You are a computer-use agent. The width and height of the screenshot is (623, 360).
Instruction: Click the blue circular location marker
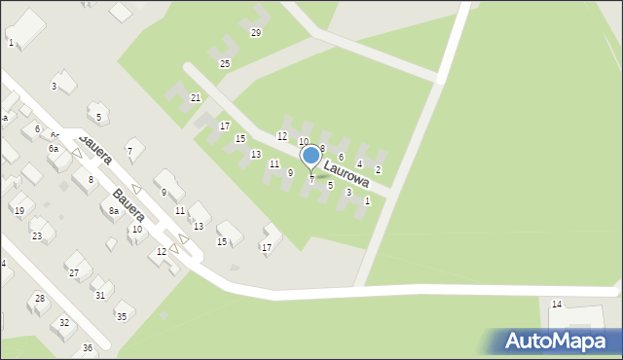tap(311, 155)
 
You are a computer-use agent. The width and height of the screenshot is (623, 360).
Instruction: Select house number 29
tap(256, 33)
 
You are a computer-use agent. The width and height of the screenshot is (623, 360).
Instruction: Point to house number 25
tap(225, 64)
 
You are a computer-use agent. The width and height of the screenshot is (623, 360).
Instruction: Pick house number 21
tap(196, 98)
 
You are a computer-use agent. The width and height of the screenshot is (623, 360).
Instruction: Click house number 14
tap(557, 305)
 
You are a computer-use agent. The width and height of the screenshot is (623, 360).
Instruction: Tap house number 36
tap(88, 348)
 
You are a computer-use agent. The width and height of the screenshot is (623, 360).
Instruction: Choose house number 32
tap(64, 322)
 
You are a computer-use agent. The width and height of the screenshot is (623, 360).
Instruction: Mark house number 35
tap(122, 316)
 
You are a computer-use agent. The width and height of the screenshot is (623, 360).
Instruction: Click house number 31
tap(100, 295)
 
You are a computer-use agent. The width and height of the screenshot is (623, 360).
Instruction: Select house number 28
tap(40, 298)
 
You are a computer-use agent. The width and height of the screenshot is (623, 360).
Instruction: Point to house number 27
tap(74, 273)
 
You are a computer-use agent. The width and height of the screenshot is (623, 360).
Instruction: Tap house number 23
tap(37, 235)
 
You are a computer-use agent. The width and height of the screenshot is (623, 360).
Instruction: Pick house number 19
tap(18, 210)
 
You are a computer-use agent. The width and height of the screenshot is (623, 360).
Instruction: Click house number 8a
tap(114, 211)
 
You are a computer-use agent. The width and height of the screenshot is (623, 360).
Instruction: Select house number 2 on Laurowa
tap(378, 170)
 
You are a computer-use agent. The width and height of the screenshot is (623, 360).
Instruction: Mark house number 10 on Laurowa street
tap(303, 142)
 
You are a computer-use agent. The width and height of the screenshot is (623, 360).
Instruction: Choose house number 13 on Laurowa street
tap(256, 155)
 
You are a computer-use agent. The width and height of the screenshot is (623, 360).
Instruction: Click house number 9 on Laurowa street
tap(290, 172)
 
